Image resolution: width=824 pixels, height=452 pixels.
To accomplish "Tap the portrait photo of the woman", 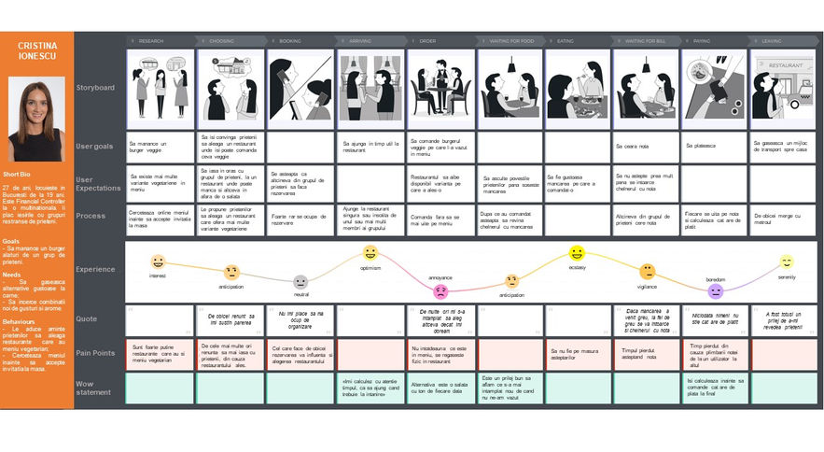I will click(x=36, y=119).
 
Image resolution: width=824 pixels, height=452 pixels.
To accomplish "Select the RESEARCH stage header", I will click(x=161, y=41).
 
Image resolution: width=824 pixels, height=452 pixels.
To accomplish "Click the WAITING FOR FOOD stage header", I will click(x=510, y=41).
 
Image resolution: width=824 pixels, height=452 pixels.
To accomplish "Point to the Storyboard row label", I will click(x=95, y=88).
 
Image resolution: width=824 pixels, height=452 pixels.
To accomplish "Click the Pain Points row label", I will click(x=95, y=353).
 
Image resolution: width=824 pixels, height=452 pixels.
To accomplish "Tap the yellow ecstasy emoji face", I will click(x=577, y=253).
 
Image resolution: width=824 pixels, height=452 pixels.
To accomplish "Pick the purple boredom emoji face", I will click(x=716, y=291).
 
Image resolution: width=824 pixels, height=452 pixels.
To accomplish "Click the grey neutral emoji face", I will click(x=300, y=282).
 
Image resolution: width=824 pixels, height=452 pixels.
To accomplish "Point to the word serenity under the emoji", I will click(x=787, y=277).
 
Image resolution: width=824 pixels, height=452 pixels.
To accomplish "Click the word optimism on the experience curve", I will click(x=370, y=267).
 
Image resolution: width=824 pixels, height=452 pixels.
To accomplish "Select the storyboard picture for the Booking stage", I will click(x=300, y=89).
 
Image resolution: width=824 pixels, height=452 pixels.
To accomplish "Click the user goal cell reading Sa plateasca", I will click(x=716, y=146).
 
